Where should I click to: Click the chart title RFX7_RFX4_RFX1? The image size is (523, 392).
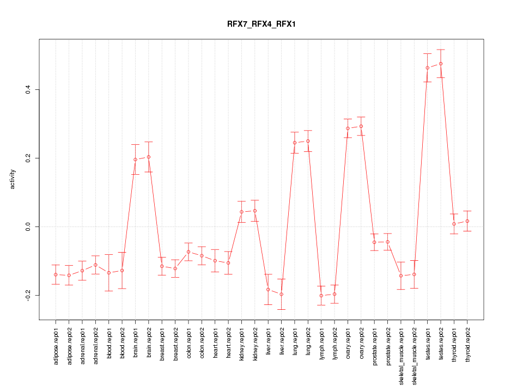point(261,24)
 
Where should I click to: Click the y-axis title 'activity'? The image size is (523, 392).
point(13,179)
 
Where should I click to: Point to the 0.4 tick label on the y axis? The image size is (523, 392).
point(27,89)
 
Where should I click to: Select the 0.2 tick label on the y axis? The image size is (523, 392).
point(27,158)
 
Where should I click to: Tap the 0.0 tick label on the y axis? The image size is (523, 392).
point(27,226)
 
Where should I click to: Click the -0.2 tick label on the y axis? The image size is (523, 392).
point(27,295)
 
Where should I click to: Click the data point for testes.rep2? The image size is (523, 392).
point(441,64)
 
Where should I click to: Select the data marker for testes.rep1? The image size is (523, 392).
point(428,68)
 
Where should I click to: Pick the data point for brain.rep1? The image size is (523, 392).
point(135,160)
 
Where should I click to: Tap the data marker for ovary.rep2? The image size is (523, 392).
point(361,126)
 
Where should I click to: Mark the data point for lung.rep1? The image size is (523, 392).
point(295,143)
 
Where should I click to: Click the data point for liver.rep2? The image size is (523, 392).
point(282,294)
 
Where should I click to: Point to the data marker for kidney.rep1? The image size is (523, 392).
point(241,212)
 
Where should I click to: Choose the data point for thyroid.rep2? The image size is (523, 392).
point(467,220)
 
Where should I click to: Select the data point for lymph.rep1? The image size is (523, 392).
point(321,296)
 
